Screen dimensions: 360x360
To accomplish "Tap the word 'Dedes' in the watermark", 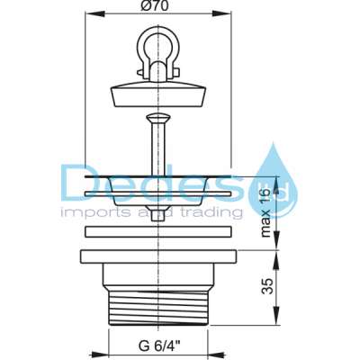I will pyautogui.click(x=153, y=185).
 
